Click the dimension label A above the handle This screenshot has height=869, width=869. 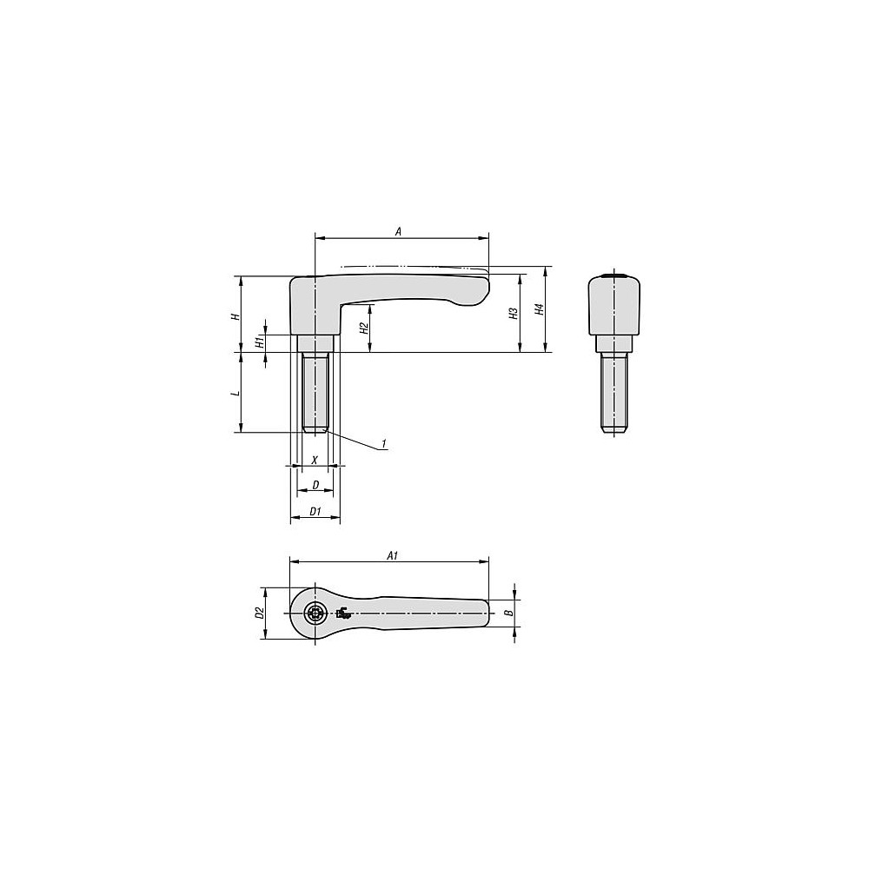coord(398,231)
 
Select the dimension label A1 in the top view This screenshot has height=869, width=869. coord(392,555)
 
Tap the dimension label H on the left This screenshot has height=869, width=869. coord(233,316)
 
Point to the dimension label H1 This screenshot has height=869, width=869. coord(259,342)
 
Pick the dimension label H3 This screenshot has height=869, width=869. coord(514,314)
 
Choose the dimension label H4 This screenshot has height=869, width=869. coord(539,309)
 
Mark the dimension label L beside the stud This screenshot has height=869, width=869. coord(233,393)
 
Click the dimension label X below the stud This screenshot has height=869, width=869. coord(315,459)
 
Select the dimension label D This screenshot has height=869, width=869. coord(315,484)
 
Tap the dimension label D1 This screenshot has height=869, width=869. coord(315,513)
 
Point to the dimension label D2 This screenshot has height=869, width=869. coord(259,613)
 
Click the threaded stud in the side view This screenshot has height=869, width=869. coord(315,391)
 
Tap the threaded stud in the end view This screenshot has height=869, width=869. coord(614,391)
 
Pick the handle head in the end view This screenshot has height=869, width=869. coord(614,304)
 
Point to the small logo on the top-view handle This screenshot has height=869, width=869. coord(343,614)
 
